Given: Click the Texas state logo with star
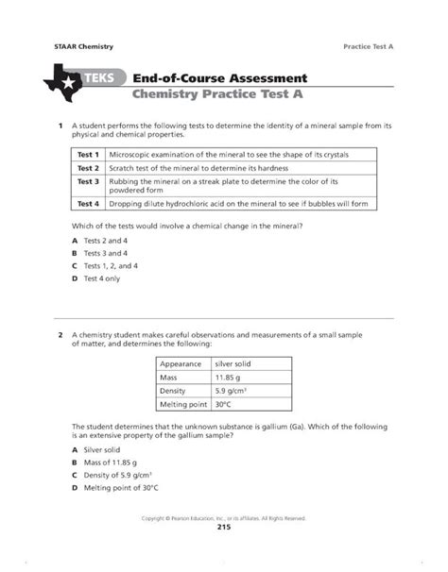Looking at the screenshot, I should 62,82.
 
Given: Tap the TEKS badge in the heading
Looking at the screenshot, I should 100,76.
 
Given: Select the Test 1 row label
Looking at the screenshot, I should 88,153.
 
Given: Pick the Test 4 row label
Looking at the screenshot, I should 88,202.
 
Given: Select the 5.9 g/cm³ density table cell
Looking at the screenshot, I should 232,391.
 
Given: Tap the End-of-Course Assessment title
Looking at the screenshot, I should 218,76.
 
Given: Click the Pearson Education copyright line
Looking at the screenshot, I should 223,517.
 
